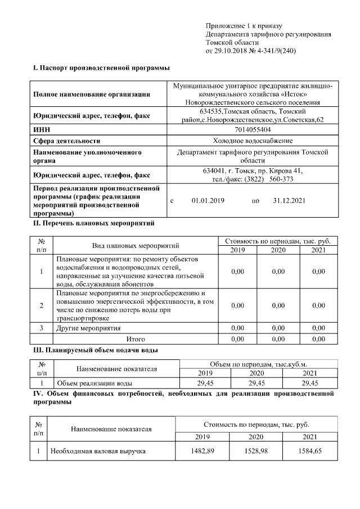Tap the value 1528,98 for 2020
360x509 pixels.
pos(256,451)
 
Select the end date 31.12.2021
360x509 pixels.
pos(289,200)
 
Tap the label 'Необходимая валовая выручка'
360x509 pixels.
pos(98,451)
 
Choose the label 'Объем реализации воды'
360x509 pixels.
pos(94,384)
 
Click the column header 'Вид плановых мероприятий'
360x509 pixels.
pos(135,246)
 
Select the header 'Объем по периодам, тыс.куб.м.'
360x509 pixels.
pos(258,364)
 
